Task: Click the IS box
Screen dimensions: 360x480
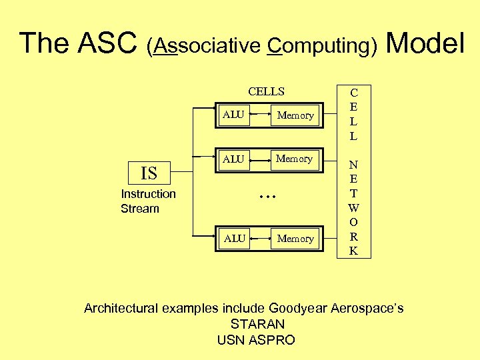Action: pyautogui.click(x=149, y=173)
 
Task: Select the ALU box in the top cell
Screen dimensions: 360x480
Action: pyautogui.click(x=234, y=115)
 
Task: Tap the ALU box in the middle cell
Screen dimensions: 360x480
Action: pyautogui.click(x=234, y=159)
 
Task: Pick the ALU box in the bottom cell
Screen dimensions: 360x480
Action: pyautogui.click(x=234, y=238)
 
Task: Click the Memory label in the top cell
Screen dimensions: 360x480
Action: pyautogui.click(x=295, y=115)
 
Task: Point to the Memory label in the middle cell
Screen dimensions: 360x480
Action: pyautogui.click(x=294, y=159)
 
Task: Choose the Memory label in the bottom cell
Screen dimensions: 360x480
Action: pyautogui.click(x=295, y=239)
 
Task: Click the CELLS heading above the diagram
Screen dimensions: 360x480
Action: pyautogui.click(x=266, y=91)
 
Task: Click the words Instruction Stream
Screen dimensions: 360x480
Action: pyautogui.click(x=148, y=201)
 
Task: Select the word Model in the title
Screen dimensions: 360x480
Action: pyautogui.click(x=425, y=44)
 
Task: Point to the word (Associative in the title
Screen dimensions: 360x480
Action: pyautogui.click(x=203, y=46)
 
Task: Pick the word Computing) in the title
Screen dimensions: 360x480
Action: pyautogui.click(x=323, y=46)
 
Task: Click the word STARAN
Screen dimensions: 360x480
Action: pyautogui.click(x=257, y=325)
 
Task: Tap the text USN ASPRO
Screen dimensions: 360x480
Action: pyautogui.click(x=256, y=340)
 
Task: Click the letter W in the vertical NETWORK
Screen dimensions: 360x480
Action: pyautogui.click(x=353, y=207)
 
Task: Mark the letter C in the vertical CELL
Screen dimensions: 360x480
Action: pyautogui.click(x=353, y=93)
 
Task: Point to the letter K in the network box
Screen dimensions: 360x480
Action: pyautogui.click(x=353, y=251)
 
